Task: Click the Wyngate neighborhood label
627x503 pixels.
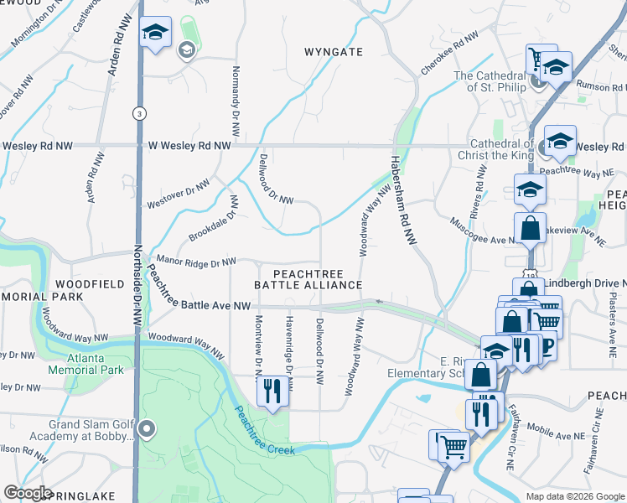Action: tap(334, 52)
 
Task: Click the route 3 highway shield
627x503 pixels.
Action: tap(138, 112)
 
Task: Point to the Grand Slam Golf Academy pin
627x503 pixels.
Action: tap(147, 431)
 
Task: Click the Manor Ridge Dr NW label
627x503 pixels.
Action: tap(195, 262)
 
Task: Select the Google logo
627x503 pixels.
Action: tap(28, 493)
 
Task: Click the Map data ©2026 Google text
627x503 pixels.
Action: tap(575, 496)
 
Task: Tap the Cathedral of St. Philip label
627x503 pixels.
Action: tap(490, 81)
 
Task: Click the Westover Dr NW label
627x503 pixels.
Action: tap(178, 194)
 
